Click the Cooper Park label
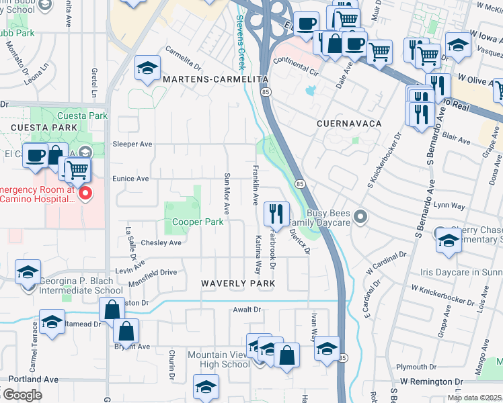point(197,222)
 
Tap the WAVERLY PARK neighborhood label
point(238,284)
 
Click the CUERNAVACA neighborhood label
point(349,124)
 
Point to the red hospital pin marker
point(85,194)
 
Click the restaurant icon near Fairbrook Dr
point(276,214)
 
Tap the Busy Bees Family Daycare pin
point(361,216)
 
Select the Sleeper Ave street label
point(132,144)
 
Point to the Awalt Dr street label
point(246,310)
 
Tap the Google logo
point(22,394)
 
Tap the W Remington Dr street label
point(431,382)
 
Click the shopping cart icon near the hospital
point(78,169)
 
